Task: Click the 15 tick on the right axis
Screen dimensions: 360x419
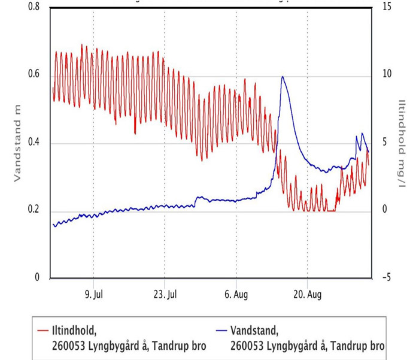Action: (385, 7)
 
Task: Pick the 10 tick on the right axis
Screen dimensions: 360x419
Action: (385, 74)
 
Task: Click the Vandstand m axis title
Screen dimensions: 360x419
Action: (17, 142)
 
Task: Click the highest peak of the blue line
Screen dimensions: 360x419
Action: (283, 77)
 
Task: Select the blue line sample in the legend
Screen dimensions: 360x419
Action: (220, 329)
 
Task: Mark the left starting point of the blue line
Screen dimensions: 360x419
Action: (53, 225)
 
